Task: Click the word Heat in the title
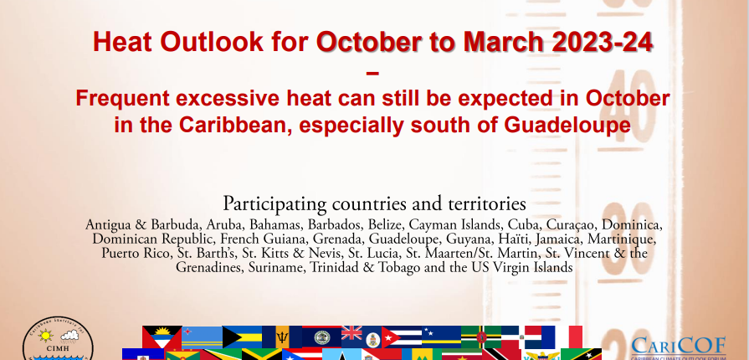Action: pos(123,42)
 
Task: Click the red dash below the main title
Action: pos(372,73)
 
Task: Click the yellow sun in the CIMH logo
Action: pos(45,336)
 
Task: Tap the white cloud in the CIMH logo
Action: pos(69,336)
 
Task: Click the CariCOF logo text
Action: pos(679,345)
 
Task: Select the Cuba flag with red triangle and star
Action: pos(401,337)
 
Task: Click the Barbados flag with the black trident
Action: pos(282,337)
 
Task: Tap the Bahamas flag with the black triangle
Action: pos(242,337)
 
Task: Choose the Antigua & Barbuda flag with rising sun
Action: pos(162,337)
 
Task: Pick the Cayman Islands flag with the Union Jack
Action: pos(362,337)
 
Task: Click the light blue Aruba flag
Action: pos(202,337)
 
